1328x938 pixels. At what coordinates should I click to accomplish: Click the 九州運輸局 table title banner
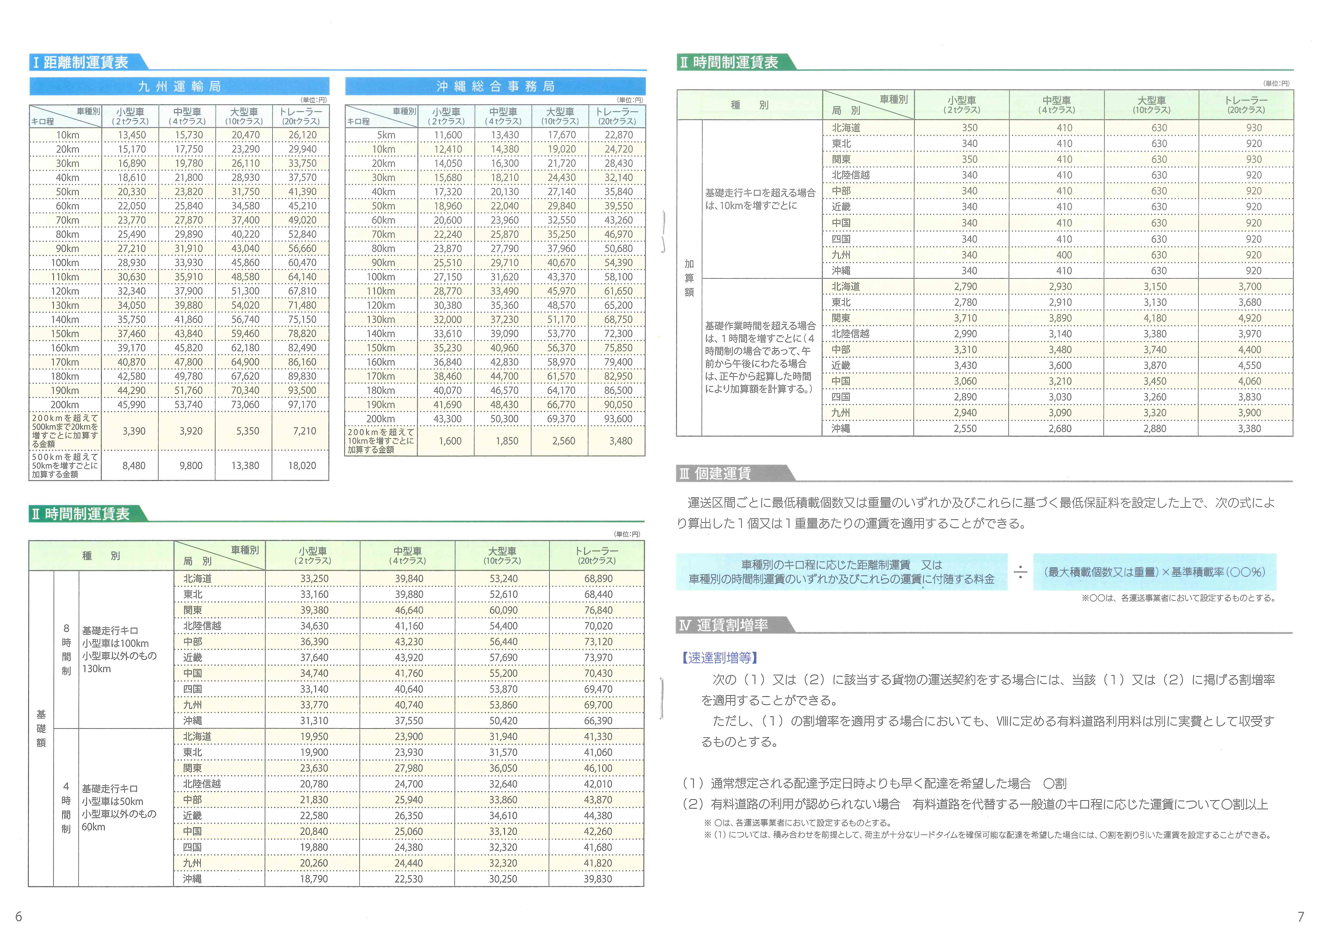point(179,87)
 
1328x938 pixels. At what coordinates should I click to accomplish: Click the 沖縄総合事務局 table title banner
point(495,87)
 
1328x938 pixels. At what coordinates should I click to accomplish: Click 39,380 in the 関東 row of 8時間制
point(314,610)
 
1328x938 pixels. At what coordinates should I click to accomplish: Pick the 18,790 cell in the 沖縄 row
point(314,879)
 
